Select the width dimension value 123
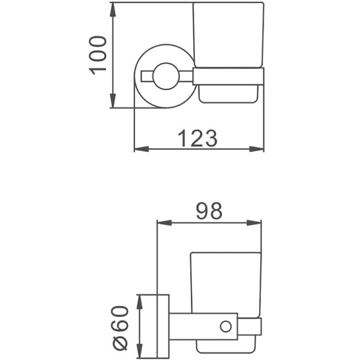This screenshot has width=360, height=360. (x=197, y=139)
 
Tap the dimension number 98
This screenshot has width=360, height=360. (x=209, y=211)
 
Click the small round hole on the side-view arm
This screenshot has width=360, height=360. (x=226, y=326)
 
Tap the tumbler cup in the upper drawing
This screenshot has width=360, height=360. (x=228, y=36)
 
